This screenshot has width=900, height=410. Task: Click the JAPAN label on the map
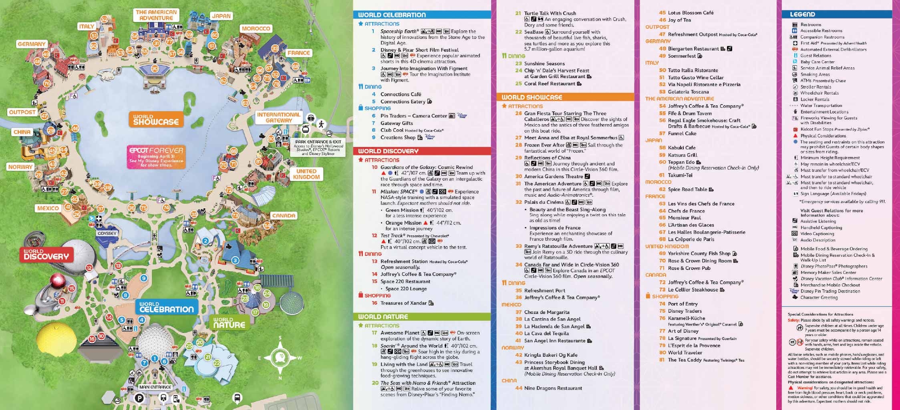pyautogui.click(x=221, y=16)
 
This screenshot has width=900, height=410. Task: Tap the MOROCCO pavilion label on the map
pyautogui.click(x=256, y=28)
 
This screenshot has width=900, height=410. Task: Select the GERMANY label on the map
pyautogui.click(x=32, y=44)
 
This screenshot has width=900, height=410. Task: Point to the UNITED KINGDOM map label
pyautogui.click(x=306, y=174)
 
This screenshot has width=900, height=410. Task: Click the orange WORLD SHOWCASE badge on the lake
pyautogui.click(x=156, y=120)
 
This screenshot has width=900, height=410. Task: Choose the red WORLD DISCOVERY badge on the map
pyautogui.click(x=46, y=254)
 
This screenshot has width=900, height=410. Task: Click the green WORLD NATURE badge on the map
pyautogui.click(x=229, y=323)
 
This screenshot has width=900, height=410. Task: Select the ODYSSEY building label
pyautogui.click(x=107, y=233)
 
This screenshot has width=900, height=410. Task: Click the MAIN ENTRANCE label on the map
pyautogui.click(x=155, y=387)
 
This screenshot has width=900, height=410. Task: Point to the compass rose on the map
pyautogui.click(x=280, y=357)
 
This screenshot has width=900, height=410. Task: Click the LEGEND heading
pyautogui.click(x=802, y=14)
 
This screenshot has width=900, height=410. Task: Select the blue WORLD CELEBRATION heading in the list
pyautogui.click(x=392, y=15)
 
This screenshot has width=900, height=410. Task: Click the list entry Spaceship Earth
pyautogui.click(x=399, y=31)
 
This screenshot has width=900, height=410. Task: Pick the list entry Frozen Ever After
pyautogui.click(x=544, y=145)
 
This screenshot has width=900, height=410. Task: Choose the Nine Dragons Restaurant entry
pyautogui.click(x=553, y=388)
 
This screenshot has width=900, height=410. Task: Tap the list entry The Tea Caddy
pyautogui.click(x=685, y=360)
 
